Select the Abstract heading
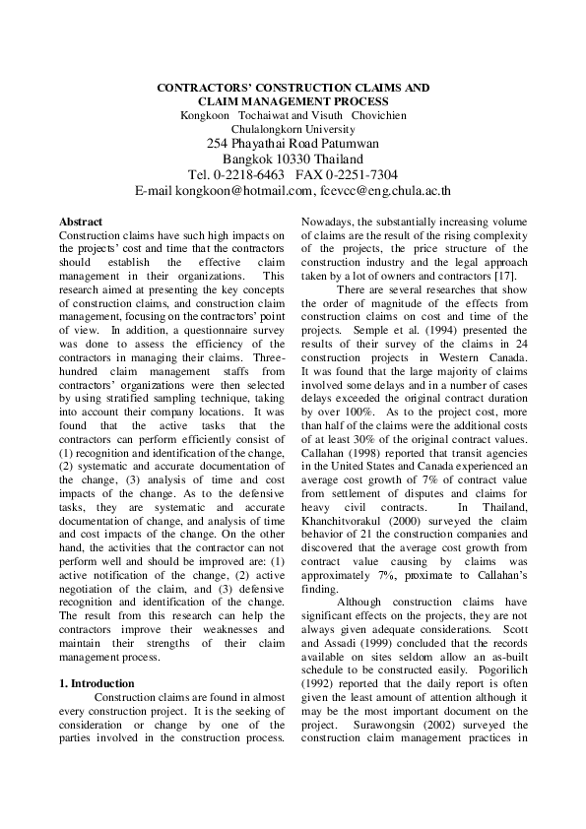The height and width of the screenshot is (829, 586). [81, 223]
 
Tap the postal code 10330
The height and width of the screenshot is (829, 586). [296, 159]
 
